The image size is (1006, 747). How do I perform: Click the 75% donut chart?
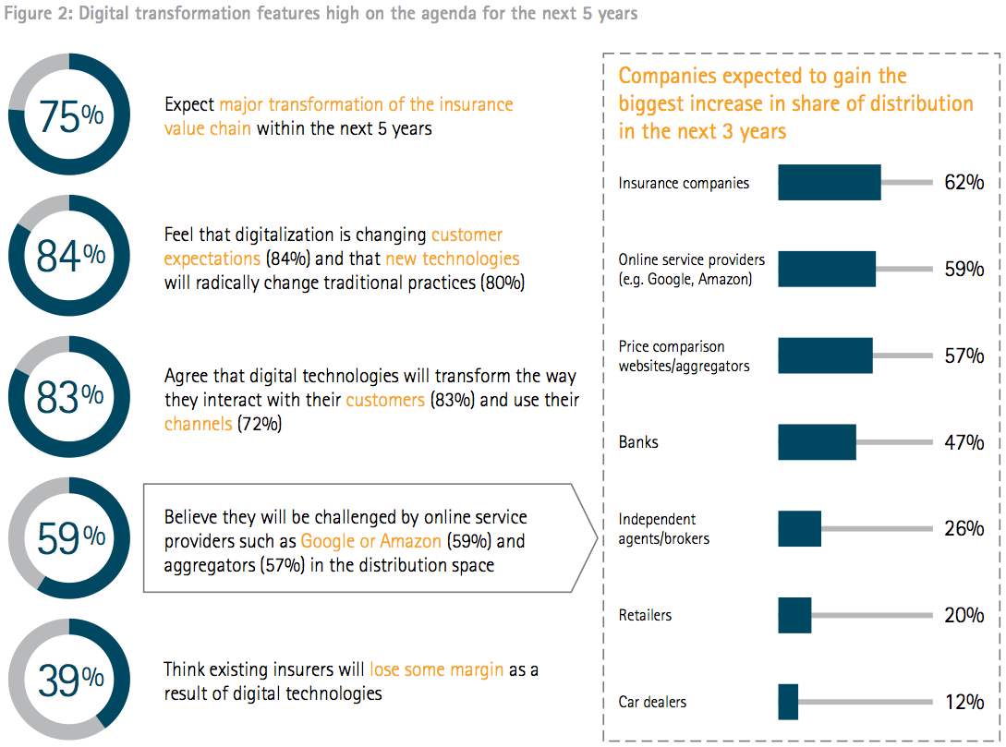(x=69, y=114)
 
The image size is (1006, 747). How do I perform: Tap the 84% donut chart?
(x=69, y=256)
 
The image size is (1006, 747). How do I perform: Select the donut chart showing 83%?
(x=69, y=397)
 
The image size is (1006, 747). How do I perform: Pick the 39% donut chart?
(x=69, y=680)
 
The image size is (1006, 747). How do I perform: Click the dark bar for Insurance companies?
(x=829, y=183)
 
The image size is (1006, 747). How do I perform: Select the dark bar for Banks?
(x=817, y=442)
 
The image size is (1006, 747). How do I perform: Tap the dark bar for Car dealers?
(x=788, y=702)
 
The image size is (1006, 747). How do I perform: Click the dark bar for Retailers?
(x=794, y=615)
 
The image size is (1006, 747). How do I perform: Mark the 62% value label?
(x=964, y=183)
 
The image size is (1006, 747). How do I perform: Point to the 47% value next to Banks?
(x=964, y=442)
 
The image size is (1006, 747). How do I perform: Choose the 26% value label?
(x=964, y=529)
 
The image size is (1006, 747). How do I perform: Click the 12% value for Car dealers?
(x=964, y=702)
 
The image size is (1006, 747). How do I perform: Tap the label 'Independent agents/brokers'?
(x=664, y=529)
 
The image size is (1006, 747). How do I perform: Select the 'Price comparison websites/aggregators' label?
(x=684, y=356)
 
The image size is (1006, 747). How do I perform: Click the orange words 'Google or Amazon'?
(x=370, y=541)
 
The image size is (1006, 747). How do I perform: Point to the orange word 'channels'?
(x=198, y=424)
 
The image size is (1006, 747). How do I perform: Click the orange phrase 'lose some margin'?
(x=436, y=669)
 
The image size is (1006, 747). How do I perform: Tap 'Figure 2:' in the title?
(x=37, y=14)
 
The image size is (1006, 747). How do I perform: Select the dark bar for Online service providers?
(x=827, y=269)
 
